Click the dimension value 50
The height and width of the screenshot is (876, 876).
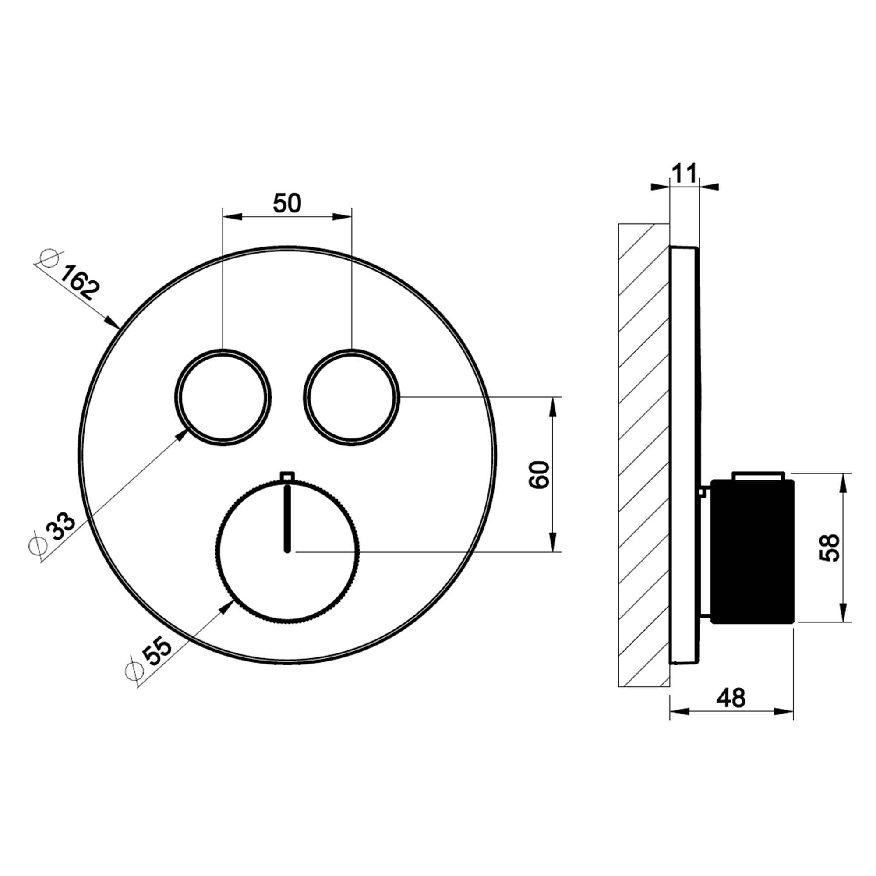286,203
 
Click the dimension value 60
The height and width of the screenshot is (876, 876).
539,475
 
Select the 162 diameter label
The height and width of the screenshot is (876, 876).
79,283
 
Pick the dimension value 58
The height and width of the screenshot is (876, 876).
829,548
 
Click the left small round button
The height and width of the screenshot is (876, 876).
223,398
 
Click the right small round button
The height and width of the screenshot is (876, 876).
352,398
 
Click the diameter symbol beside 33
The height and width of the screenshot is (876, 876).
38,546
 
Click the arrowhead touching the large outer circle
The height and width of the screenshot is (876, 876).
112,321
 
